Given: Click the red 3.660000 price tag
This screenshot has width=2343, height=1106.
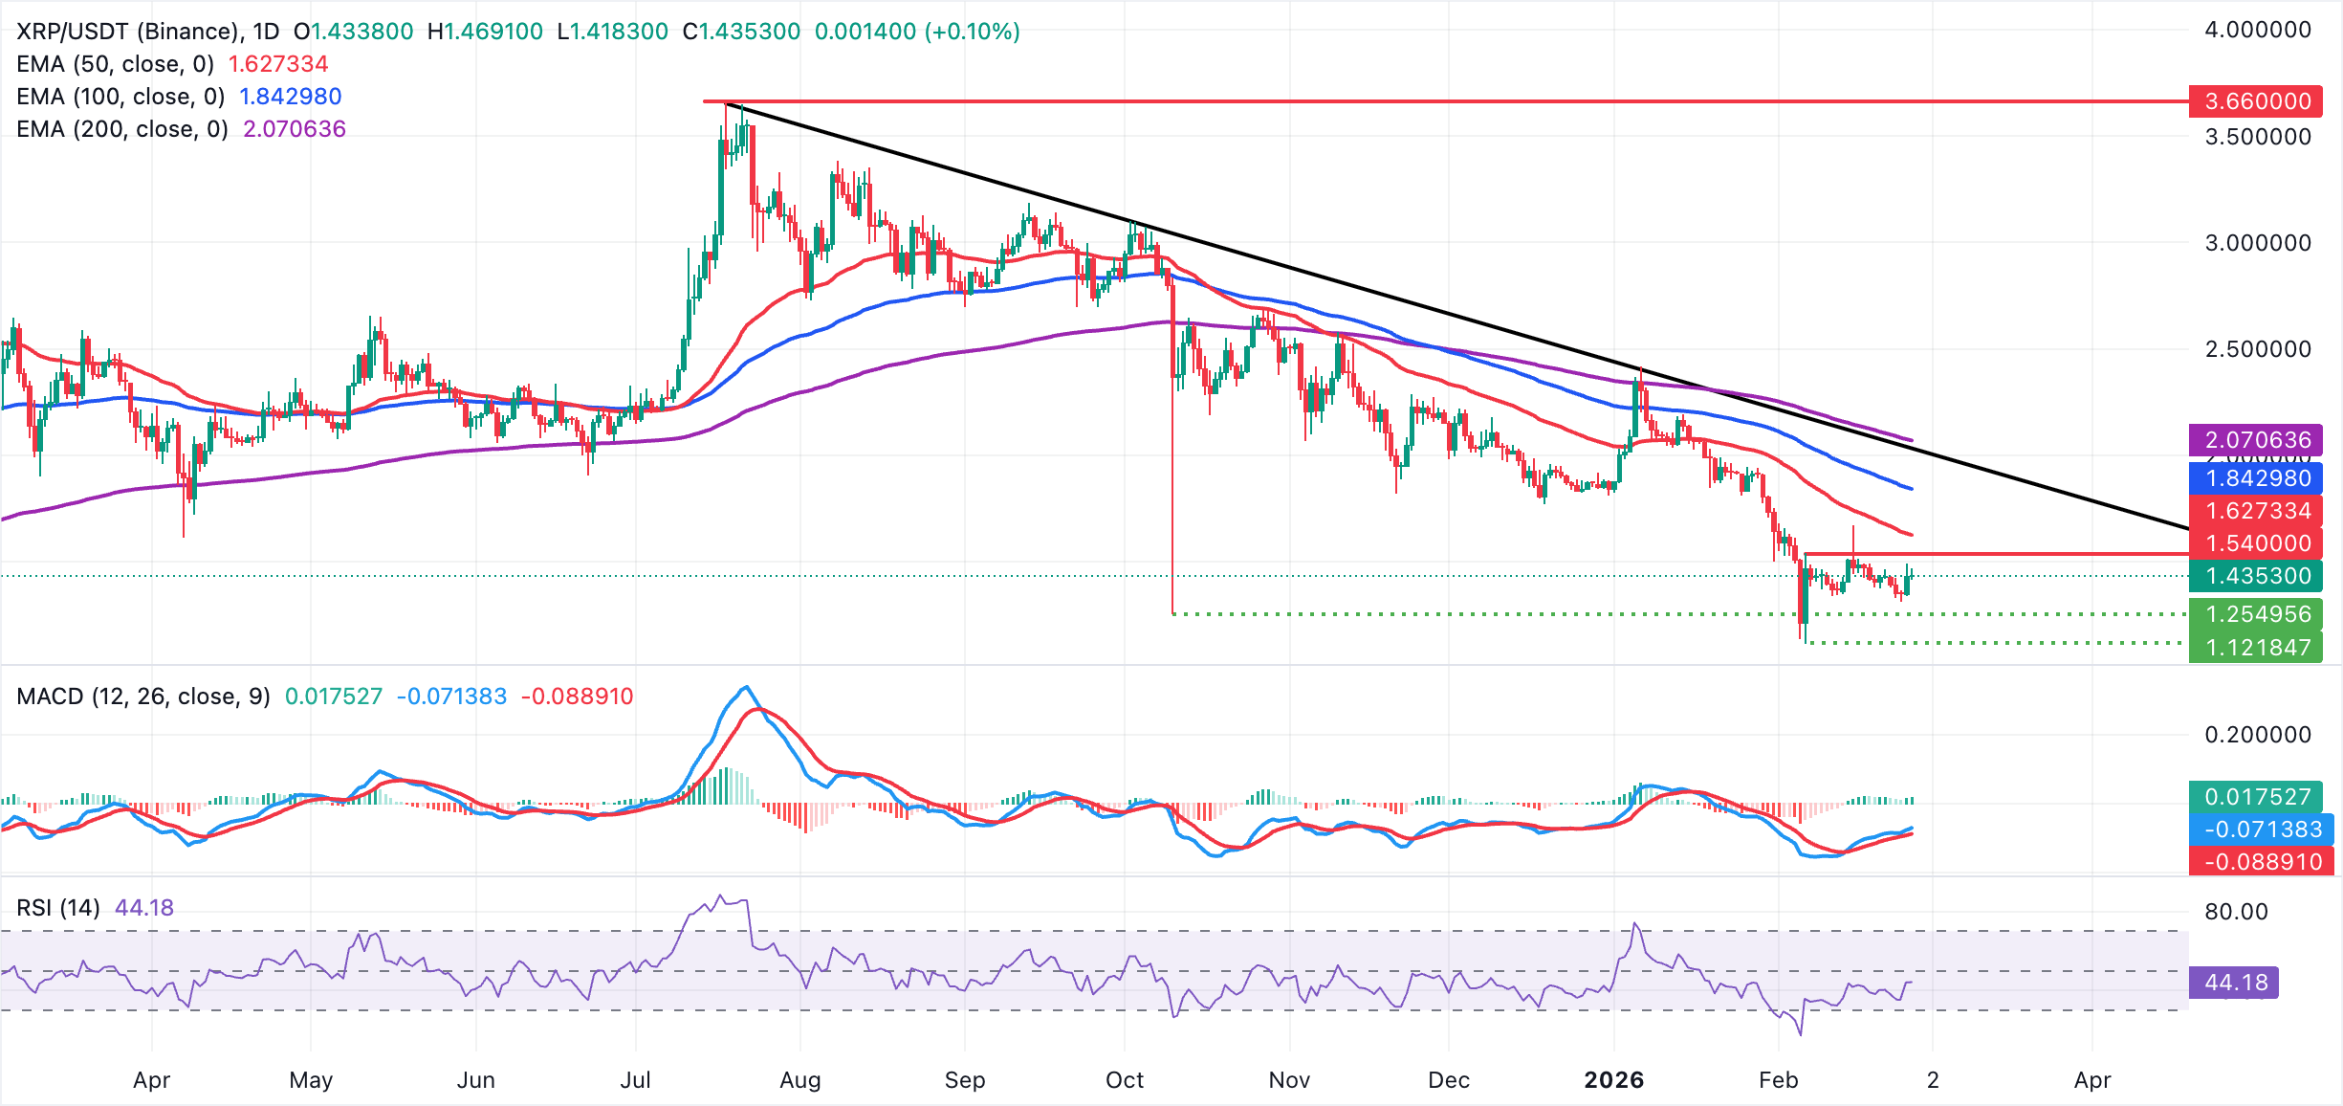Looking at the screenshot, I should click(2256, 101).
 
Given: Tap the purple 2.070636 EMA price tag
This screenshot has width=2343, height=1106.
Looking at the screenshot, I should click(2256, 440).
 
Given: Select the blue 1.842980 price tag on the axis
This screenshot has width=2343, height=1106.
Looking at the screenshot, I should click(2256, 478).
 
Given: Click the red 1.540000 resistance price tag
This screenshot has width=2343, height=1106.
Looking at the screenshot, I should click(2256, 543).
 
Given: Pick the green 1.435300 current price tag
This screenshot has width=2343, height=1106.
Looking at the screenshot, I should click(2256, 576).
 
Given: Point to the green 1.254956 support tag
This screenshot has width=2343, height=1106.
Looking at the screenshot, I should click(2256, 614).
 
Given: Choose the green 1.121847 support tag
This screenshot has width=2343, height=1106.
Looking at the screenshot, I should click(2256, 648).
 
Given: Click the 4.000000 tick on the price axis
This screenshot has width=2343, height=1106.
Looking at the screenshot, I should click(2257, 30).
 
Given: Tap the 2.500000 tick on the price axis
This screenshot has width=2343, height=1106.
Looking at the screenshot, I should click(2257, 349).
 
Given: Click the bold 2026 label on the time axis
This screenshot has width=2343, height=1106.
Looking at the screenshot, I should click(1613, 1080).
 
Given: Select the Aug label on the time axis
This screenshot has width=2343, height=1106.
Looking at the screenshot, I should click(800, 1080).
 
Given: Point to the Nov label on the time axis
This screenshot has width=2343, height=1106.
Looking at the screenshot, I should click(1289, 1080).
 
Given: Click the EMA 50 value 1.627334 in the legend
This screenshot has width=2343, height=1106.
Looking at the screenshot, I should click(278, 64).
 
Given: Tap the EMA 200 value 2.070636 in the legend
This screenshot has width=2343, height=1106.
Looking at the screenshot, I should click(295, 129).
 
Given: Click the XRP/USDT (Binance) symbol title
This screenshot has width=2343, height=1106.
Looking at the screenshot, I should click(129, 32).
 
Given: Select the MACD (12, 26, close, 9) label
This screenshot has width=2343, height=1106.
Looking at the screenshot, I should click(143, 697).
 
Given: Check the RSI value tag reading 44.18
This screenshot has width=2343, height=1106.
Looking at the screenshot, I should click(2235, 983).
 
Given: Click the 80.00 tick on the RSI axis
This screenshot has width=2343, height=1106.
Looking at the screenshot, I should click(2236, 912).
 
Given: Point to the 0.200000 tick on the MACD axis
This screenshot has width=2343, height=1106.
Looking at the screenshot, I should click(2257, 735).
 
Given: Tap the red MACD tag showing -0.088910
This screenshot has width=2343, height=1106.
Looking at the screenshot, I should click(2261, 862).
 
